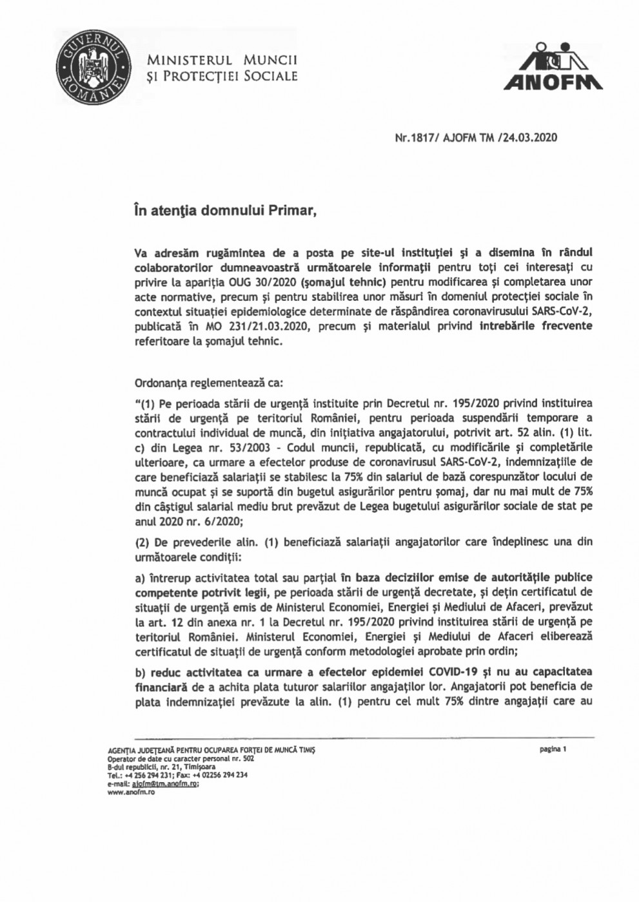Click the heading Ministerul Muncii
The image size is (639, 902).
click(x=222, y=61)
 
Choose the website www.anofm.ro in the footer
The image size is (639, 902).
click(x=127, y=792)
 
